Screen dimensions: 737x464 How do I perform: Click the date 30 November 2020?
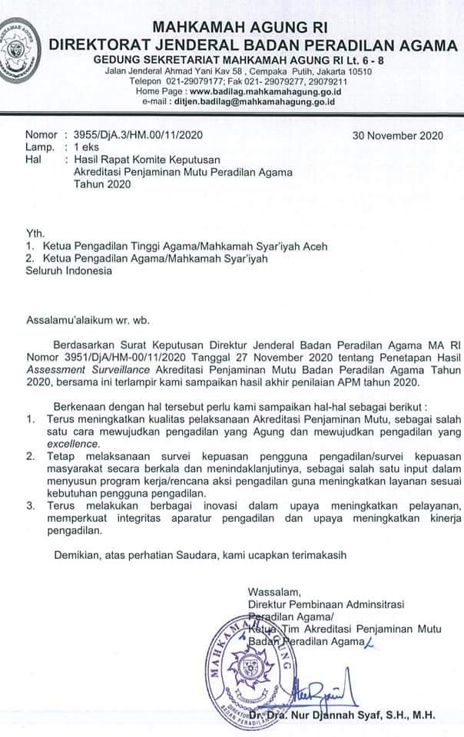pos(397,135)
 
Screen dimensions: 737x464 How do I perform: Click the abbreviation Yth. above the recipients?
pos(36,233)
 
